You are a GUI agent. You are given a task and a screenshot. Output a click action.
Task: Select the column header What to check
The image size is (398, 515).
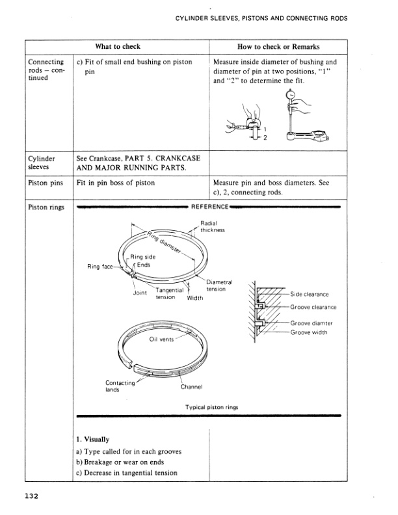118,47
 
